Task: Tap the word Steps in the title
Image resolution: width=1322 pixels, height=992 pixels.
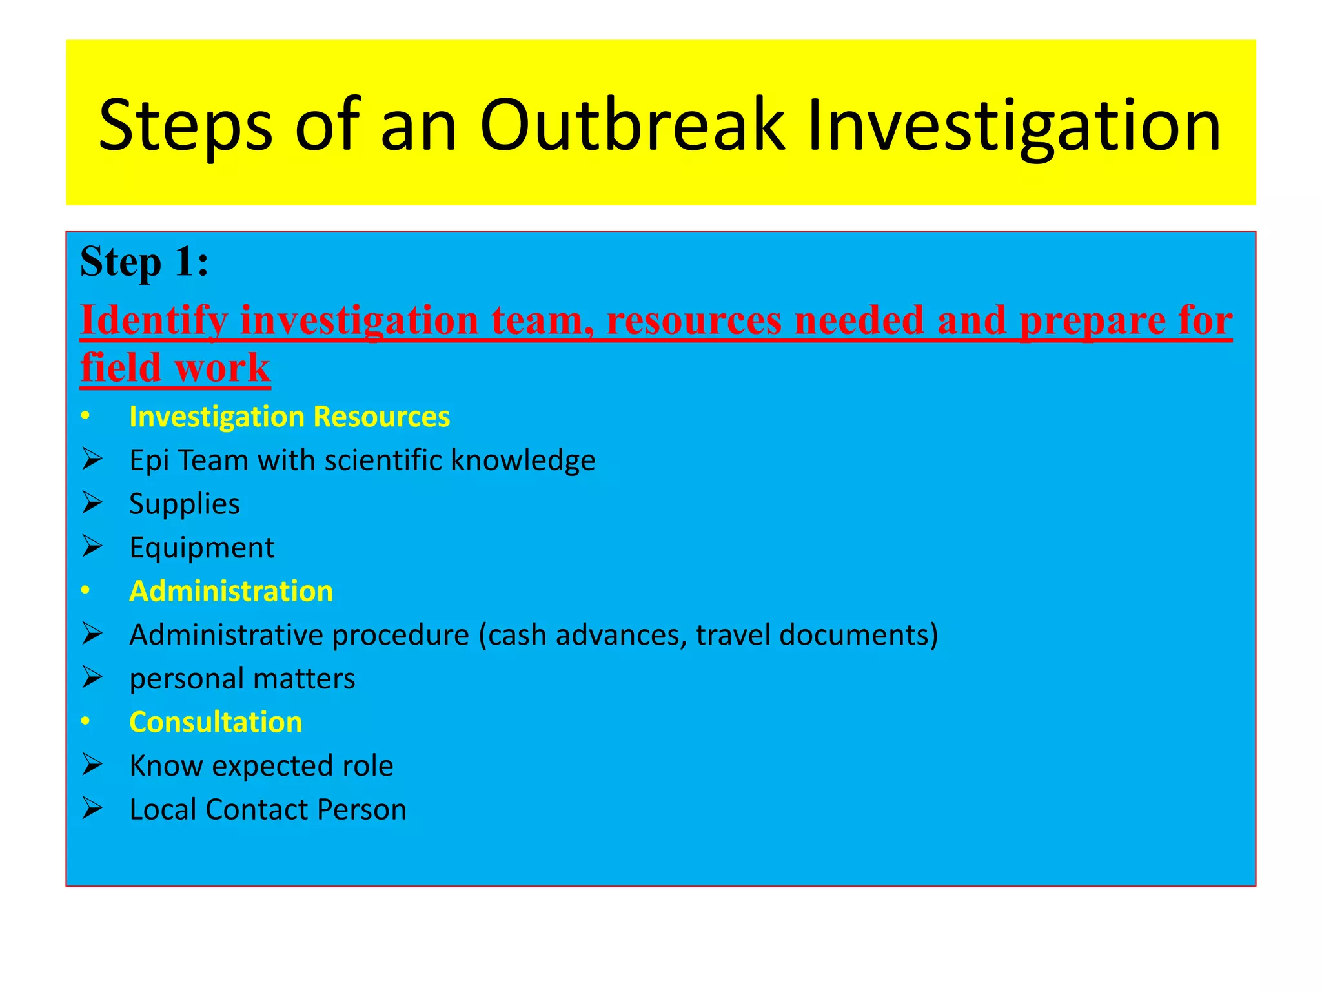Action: (x=185, y=126)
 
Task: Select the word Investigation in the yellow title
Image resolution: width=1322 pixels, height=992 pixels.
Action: (x=1014, y=126)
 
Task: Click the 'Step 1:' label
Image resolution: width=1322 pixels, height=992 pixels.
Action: (x=145, y=262)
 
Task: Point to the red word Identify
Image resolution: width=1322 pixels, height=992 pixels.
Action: (x=154, y=320)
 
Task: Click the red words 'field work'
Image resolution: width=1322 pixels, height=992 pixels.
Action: (x=175, y=368)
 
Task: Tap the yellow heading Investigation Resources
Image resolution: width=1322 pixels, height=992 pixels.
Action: (x=289, y=417)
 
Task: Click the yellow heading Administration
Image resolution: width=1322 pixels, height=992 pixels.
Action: (x=231, y=591)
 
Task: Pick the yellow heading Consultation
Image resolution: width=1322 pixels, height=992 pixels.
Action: (x=216, y=722)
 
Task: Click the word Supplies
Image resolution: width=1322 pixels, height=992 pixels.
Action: (x=184, y=504)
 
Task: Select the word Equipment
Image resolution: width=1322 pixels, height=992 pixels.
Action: (x=201, y=548)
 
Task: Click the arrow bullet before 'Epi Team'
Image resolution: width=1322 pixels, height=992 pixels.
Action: (x=92, y=460)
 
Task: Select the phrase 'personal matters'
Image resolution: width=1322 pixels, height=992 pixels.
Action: (x=242, y=679)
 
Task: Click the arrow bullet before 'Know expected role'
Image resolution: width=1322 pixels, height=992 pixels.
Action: (x=92, y=765)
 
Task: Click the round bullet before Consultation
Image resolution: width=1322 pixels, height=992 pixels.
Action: (x=86, y=721)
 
